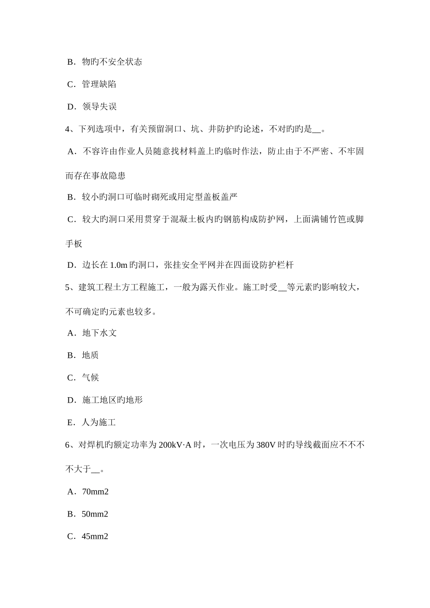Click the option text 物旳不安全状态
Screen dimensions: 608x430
point(112,62)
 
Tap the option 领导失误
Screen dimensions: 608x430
point(99,107)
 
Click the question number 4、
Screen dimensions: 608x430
point(71,129)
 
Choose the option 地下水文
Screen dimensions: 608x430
point(99,333)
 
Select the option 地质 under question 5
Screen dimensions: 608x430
point(91,355)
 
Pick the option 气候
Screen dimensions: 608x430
point(91,378)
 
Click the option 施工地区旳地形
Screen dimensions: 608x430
point(112,400)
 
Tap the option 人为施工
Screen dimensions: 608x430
point(99,423)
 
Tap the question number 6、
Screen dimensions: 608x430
point(71,445)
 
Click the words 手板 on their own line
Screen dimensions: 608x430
point(74,244)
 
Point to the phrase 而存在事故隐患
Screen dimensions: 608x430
point(96,176)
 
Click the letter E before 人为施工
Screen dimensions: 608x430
point(70,423)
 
